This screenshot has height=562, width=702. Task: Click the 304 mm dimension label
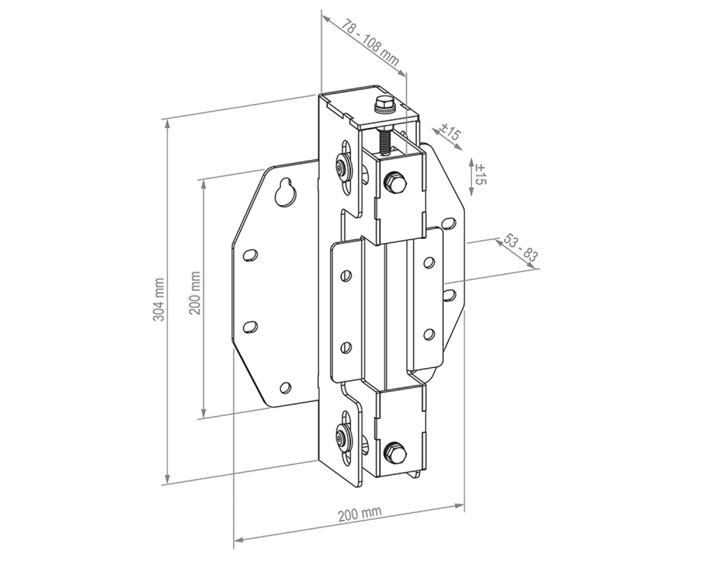pyautogui.click(x=159, y=299)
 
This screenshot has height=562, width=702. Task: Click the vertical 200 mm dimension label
pyautogui.click(x=194, y=293)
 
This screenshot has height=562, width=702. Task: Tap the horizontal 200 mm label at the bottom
pyautogui.click(x=359, y=514)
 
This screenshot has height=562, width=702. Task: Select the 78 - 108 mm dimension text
pyautogui.click(x=370, y=43)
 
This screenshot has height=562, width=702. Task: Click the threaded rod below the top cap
pyautogui.click(x=385, y=141)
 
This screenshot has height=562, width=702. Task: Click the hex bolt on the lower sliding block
pyautogui.click(x=396, y=452)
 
